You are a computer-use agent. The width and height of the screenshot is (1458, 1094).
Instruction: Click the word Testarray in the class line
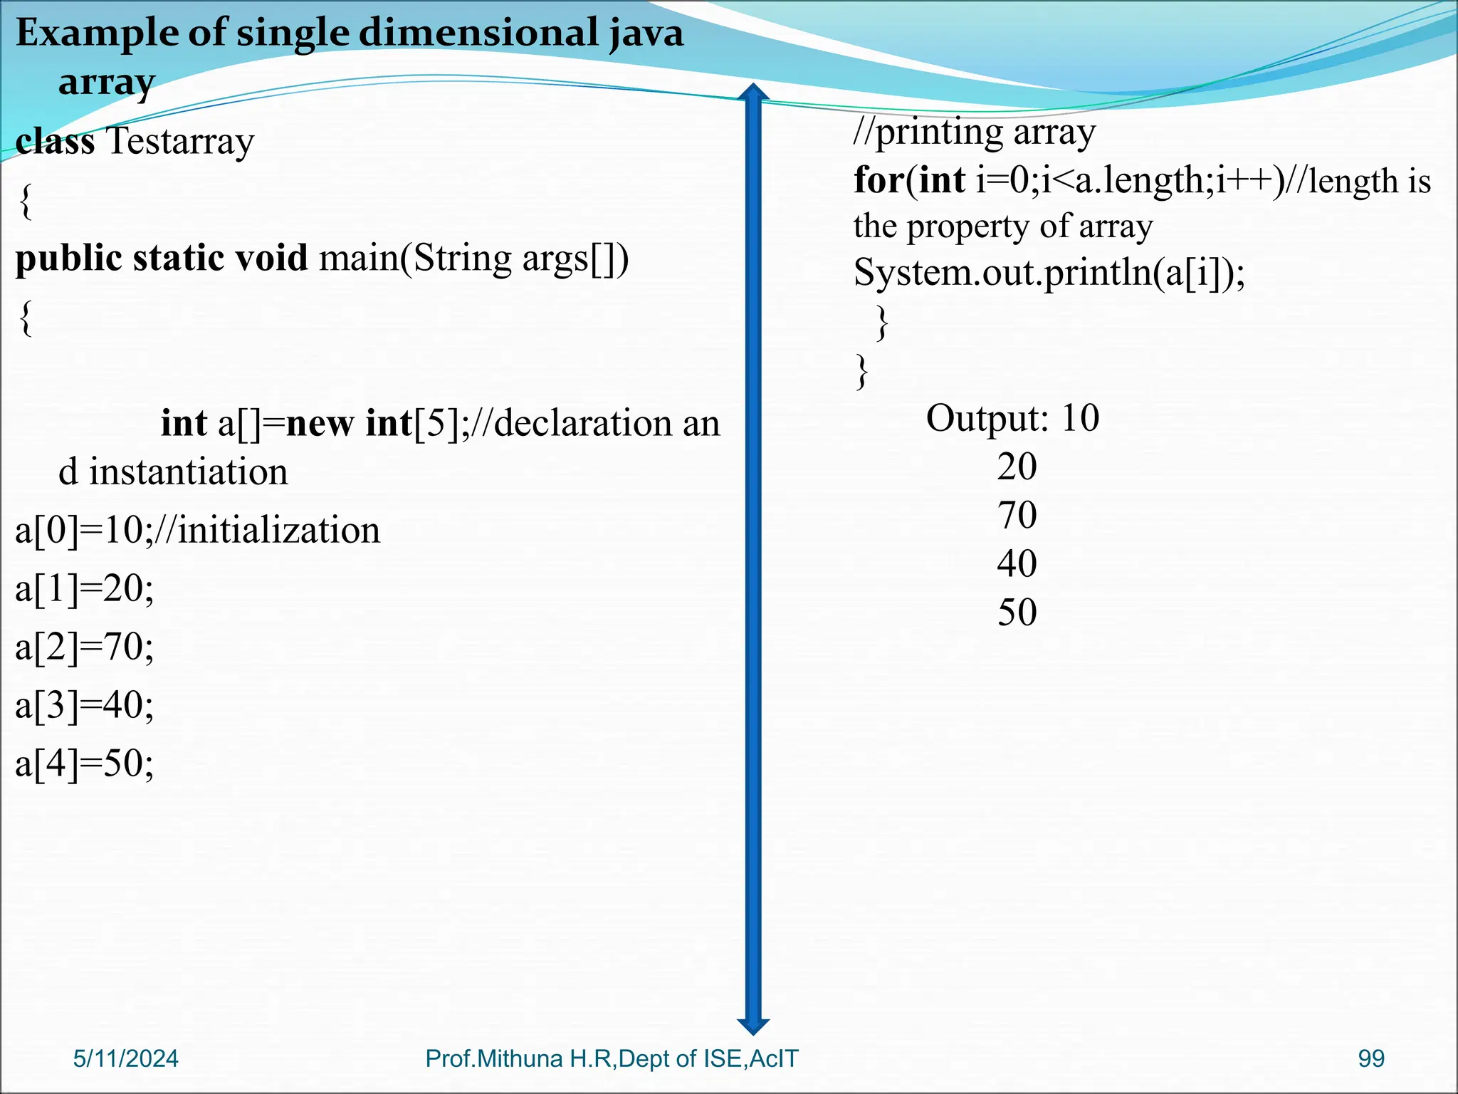[180, 141]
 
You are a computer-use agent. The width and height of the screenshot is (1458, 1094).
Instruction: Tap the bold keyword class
[55, 141]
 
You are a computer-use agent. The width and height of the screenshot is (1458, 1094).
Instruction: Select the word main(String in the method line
[415, 258]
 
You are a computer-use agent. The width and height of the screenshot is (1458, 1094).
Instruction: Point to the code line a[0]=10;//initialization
[198, 531]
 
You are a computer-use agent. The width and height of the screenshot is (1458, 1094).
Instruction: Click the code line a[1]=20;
[84, 589]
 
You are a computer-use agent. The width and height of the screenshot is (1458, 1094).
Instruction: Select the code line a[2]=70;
[84, 647]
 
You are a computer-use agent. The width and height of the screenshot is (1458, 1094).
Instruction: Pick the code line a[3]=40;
[84, 706]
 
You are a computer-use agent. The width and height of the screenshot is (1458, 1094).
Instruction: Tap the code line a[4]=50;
[84, 764]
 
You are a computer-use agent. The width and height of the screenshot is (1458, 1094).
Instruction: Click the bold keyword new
[320, 423]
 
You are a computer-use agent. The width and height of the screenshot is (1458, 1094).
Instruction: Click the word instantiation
[188, 472]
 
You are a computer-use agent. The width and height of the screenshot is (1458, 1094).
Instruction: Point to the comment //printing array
[975, 132]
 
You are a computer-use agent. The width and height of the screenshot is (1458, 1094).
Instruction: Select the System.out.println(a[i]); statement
[1049, 273]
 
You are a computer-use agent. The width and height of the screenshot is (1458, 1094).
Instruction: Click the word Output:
[987, 418]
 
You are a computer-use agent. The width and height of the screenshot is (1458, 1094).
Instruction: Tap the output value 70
[1017, 515]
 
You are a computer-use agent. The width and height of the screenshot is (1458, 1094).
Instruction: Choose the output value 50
[1017, 613]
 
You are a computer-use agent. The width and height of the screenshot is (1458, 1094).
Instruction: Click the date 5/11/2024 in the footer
[126, 1059]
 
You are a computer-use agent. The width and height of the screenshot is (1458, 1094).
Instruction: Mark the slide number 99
[1371, 1059]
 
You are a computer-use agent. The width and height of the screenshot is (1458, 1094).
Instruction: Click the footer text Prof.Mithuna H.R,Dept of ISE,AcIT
[612, 1059]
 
